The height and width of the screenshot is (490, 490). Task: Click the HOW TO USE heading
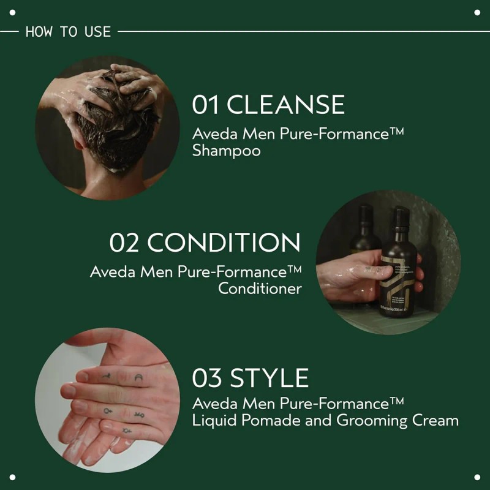(68, 31)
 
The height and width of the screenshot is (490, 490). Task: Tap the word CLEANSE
(285, 105)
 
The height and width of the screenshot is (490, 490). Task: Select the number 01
(206, 105)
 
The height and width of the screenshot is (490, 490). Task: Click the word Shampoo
(226, 151)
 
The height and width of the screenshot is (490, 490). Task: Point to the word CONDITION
(224, 243)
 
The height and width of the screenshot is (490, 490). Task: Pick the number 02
(125, 243)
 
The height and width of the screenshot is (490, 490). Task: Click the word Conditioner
(260, 288)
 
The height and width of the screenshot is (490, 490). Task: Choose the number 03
(208, 378)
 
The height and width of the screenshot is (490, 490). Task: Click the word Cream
(434, 421)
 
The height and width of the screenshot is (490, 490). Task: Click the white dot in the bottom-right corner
(477, 477)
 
